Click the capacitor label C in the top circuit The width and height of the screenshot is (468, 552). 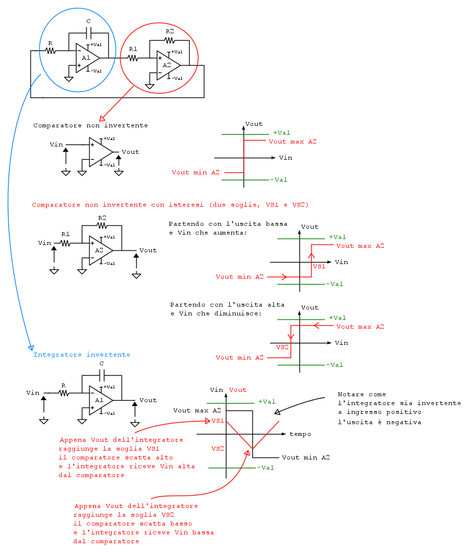88,21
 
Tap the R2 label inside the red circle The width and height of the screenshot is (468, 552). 170,31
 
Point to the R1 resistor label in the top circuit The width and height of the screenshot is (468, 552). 133,49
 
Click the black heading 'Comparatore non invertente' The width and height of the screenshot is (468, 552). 91,125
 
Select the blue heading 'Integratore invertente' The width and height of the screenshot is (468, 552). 82,354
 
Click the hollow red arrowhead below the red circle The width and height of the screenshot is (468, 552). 102,118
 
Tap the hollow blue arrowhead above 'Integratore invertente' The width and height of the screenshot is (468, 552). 30,345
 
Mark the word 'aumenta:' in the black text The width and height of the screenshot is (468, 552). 232,233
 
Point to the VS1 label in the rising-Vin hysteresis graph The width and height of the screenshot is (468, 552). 319,266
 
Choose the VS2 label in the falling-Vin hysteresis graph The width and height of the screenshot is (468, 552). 282,347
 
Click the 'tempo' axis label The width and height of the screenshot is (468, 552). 300,434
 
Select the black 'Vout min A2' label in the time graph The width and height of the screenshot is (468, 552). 306,457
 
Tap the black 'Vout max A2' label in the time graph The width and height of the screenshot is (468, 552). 197,410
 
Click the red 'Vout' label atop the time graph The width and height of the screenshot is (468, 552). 238,389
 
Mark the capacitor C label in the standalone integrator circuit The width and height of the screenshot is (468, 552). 101,363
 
